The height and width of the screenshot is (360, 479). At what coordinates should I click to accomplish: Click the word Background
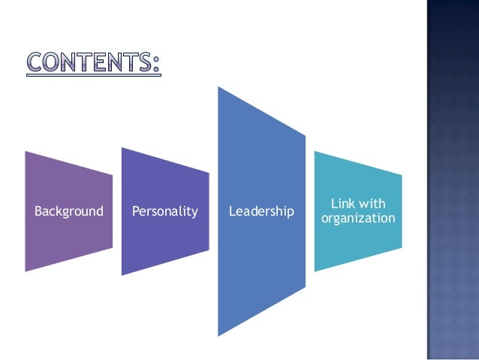69,211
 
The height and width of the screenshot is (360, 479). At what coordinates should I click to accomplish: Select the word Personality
164,211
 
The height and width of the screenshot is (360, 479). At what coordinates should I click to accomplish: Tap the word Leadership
261,211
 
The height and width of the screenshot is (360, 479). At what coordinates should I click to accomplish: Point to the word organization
357,219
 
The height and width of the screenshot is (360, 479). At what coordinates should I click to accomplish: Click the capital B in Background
38,211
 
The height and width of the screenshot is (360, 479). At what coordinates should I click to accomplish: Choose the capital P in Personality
135,211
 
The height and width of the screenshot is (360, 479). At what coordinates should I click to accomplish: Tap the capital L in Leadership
231,211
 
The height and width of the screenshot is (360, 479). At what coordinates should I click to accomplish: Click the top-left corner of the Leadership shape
218,86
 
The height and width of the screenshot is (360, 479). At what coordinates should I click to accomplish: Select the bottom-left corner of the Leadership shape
218,335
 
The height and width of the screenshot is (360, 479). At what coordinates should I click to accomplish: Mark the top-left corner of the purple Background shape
26,151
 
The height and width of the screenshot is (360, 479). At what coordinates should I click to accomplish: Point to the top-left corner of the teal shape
315,151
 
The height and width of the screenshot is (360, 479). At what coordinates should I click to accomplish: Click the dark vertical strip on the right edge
453,180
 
